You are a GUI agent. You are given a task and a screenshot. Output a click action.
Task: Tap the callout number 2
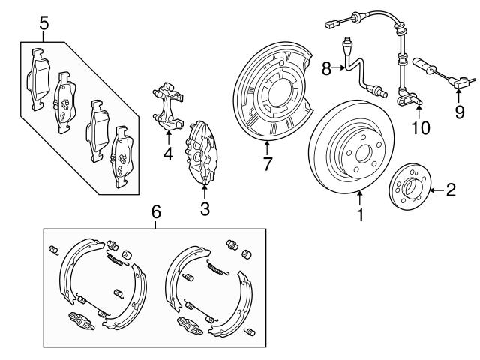point(451,189)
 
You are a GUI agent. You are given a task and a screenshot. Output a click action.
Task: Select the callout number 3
point(205,209)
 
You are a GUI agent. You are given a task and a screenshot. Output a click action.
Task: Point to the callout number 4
point(168,154)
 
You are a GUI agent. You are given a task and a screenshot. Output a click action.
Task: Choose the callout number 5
point(44,23)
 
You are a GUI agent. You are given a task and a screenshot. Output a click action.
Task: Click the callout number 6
point(156,213)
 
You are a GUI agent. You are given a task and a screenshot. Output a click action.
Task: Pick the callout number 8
point(326,69)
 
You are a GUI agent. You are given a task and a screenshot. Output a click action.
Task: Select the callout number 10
point(421,128)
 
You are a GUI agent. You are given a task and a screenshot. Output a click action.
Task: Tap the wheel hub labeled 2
point(408,190)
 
